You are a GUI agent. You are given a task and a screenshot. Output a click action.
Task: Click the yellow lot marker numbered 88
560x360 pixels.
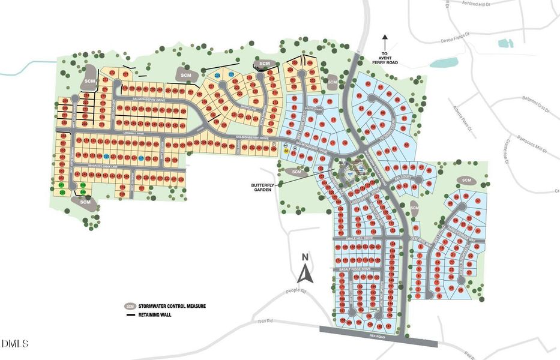[286, 151]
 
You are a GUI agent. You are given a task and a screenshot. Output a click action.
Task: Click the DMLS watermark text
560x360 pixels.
[15, 344]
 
